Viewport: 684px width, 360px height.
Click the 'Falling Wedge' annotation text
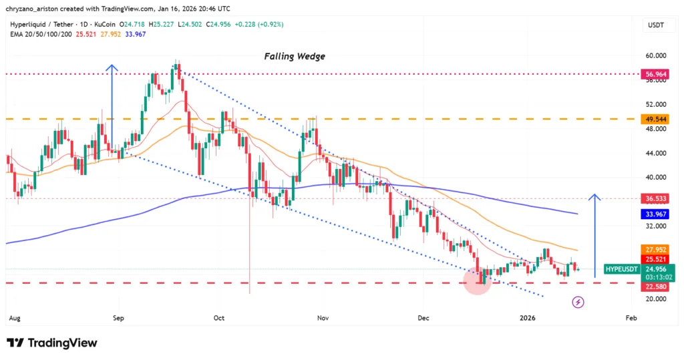(x=295, y=57)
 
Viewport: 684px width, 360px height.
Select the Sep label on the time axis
(x=119, y=319)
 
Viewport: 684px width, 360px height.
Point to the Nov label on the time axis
(x=323, y=319)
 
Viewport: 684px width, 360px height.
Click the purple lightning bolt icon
(x=578, y=303)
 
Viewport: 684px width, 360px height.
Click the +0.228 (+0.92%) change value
(x=259, y=24)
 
